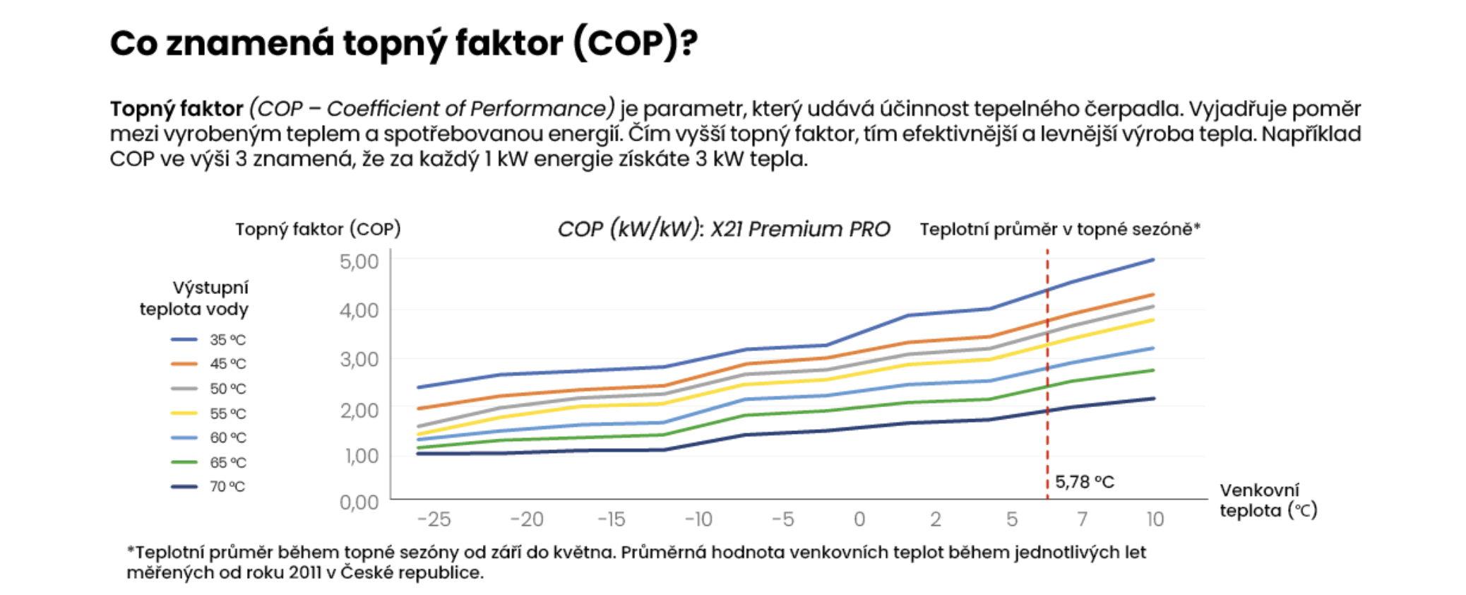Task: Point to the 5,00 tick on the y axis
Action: (359, 261)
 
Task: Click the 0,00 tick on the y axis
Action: (359, 502)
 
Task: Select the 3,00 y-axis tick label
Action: (359, 359)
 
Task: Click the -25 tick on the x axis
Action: (434, 519)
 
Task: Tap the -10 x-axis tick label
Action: (698, 519)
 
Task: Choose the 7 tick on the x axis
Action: (1082, 519)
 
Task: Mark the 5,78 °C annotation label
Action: (1085, 482)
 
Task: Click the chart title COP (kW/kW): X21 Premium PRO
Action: (724, 229)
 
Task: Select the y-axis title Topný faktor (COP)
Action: (318, 229)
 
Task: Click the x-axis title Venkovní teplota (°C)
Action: (1268, 500)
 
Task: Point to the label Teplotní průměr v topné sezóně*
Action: (1059, 229)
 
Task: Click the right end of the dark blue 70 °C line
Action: (1153, 399)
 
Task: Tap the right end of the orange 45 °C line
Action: (1153, 295)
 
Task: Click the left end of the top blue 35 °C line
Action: (419, 387)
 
